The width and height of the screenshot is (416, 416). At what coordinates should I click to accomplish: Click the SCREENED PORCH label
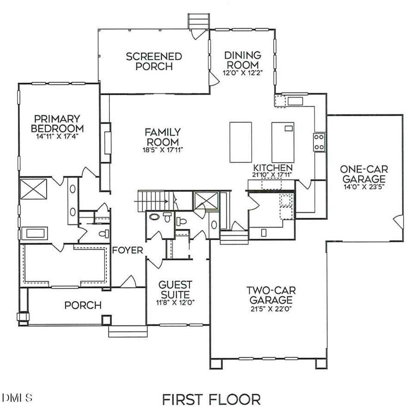154,61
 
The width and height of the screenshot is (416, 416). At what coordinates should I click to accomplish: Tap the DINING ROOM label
243,60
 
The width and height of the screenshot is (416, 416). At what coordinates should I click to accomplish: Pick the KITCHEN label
273,167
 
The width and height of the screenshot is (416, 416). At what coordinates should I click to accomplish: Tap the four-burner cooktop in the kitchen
319,142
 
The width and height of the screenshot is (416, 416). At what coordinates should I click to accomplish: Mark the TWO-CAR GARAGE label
270,295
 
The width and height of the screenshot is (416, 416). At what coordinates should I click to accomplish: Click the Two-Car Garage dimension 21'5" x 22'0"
270,308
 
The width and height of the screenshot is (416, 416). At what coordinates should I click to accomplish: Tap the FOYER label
128,251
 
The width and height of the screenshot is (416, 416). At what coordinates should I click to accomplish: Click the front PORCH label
83,305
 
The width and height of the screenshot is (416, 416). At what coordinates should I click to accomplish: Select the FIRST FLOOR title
211,399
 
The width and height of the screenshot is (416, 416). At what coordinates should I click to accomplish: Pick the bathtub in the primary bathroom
33,232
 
